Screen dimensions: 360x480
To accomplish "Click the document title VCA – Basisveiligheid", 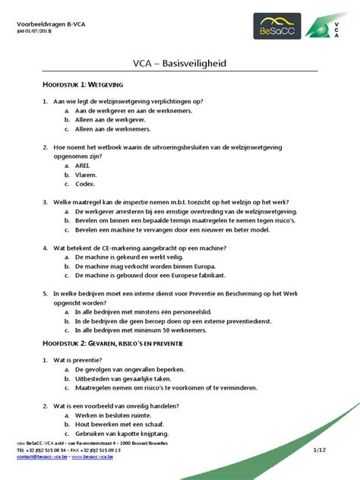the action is pyautogui.click(x=180, y=64).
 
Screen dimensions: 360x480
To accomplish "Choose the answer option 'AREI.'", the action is pyautogui.click(x=83, y=164).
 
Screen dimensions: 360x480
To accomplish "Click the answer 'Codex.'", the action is pyautogui.click(x=85, y=184).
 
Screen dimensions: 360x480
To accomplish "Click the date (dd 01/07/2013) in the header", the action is pyautogui.click(x=37, y=33).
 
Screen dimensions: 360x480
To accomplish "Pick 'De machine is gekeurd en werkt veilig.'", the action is pyautogui.click(x=127, y=257).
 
